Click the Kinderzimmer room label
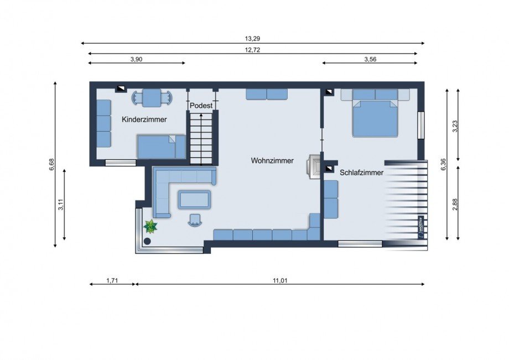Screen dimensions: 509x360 pos(144,119)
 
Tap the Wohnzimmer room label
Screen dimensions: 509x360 pos(272,160)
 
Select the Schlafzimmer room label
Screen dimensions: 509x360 pos(361,173)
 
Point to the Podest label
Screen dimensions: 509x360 pos(201,106)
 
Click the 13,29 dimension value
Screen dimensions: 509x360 pos(252,39)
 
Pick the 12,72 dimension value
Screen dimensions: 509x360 pos(252,50)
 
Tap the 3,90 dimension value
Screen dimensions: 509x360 pos(136,59)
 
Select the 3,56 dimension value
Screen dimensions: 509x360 pos(370,59)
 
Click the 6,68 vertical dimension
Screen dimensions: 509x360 pos(51,164)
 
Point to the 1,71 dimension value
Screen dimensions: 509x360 pos(112,280)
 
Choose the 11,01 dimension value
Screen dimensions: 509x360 pos(280,280)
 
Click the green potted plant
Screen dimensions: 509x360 pos(150,226)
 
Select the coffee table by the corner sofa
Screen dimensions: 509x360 pos(194,199)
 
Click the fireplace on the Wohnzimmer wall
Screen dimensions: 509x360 pos(314,166)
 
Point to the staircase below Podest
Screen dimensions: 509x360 pos(201,139)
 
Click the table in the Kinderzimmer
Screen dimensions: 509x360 pos(152,98)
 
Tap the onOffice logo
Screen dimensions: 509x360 pos(420,228)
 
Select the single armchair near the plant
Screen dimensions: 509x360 pos(195,221)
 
